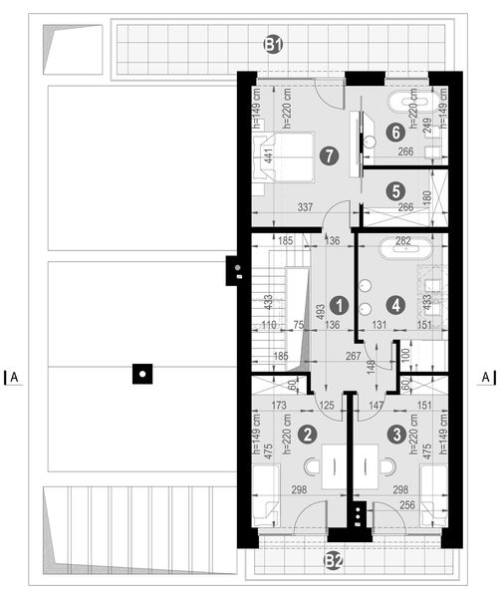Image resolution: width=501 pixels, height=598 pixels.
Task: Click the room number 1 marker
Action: [x=339, y=304]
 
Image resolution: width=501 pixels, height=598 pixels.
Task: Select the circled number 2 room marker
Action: [x=310, y=434]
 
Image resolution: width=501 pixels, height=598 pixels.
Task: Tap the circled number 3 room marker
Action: [x=397, y=434]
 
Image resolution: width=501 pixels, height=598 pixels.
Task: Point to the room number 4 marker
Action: [x=396, y=304]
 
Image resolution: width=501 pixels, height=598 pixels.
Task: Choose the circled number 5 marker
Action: [x=395, y=189]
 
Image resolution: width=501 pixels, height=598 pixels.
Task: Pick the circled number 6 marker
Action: [x=395, y=131]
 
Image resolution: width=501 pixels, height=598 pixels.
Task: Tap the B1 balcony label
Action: [x=273, y=43]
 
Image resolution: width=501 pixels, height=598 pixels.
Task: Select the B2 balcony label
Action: [x=333, y=563]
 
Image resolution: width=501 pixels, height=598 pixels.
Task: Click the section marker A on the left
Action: [x=14, y=377]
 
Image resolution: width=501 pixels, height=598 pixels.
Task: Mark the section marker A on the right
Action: [x=484, y=377]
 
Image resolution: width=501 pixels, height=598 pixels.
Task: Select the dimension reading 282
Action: [x=403, y=240]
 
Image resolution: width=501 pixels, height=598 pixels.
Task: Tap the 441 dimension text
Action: [x=268, y=155]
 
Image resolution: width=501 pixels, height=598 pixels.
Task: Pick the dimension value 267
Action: [x=352, y=357]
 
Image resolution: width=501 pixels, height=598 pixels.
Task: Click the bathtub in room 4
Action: [x=403, y=253]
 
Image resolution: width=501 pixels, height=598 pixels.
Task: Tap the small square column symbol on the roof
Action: [x=143, y=375]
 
